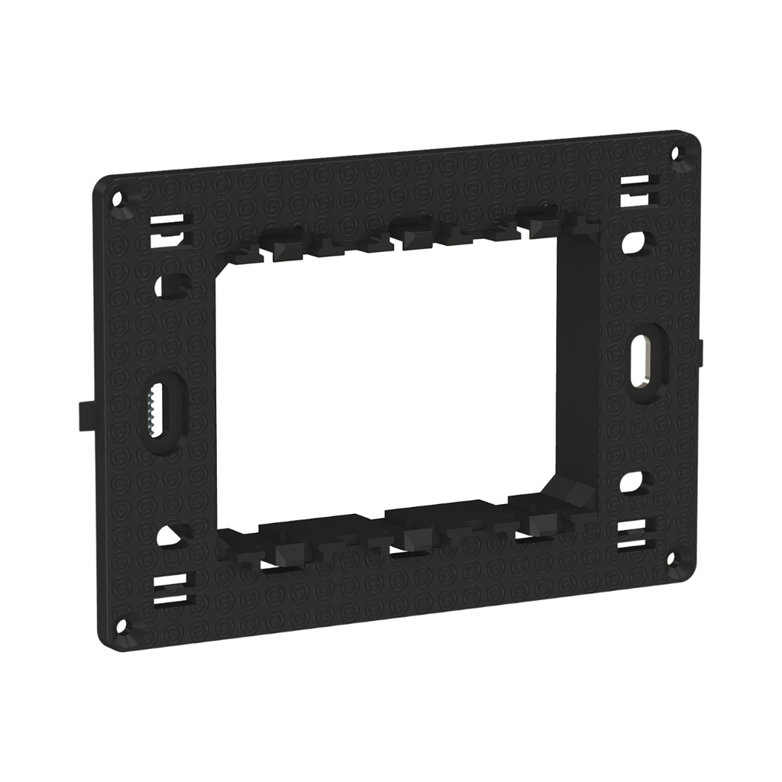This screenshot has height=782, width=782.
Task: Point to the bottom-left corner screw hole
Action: [121, 626]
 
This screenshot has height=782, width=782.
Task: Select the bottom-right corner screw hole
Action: [671, 560]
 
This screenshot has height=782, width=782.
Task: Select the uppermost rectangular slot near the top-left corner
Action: [166, 220]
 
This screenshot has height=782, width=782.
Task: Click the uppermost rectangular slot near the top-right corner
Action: [635, 181]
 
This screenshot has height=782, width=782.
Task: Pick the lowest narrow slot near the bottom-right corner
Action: [632, 543]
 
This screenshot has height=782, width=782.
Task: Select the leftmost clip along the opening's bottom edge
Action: [288, 552]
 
